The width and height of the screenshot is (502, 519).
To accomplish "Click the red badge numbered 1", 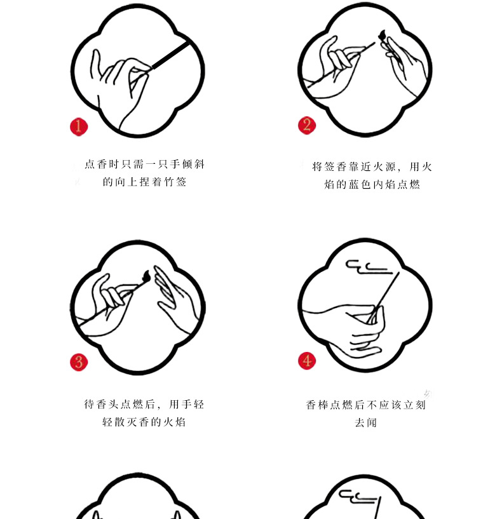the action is (79, 127).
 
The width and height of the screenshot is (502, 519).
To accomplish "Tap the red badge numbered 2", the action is (307, 125).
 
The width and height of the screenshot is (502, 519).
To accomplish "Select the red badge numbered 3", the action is (79, 362).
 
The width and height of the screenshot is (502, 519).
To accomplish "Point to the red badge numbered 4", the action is (307, 361).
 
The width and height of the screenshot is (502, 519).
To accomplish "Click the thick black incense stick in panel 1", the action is (170, 56).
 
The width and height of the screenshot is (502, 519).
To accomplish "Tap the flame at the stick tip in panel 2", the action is (382, 34).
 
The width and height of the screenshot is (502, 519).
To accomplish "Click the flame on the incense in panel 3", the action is (146, 276).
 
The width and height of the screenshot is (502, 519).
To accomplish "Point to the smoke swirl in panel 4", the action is (368, 267).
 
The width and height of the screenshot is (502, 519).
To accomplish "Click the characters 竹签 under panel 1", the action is (175, 182).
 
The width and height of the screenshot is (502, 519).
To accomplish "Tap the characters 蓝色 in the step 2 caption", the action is (359, 184).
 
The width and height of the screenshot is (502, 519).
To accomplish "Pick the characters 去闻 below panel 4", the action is (365, 422).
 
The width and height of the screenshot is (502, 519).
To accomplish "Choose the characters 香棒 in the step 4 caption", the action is (317, 405).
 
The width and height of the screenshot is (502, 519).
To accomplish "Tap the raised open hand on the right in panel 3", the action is (175, 300).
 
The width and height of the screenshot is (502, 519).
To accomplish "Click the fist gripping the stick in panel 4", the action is (366, 331).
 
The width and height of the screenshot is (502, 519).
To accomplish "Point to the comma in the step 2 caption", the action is (399, 170).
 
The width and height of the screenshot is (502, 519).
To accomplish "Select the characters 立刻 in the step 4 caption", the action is (414, 405).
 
